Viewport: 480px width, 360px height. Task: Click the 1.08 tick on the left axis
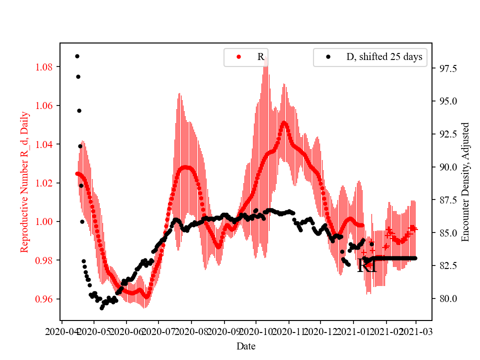pyautogui.click(x=46, y=67)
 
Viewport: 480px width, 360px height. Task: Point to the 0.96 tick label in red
pyautogui.click(x=46, y=299)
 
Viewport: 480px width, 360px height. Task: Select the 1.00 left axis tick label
pyautogui.click(x=46, y=221)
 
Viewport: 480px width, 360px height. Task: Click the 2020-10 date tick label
pyautogui.click(x=256, y=331)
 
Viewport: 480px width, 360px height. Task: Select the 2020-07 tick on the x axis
pyautogui.click(x=158, y=331)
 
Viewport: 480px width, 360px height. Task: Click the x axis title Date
pyautogui.click(x=246, y=345)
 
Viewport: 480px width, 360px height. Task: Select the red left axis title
pyautogui.click(x=24, y=182)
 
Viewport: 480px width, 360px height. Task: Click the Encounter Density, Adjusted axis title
pyautogui.click(x=465, y=182)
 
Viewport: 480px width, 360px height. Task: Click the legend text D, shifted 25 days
pyautogui.click(x=384, y=57)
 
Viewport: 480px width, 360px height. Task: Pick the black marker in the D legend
pyautogui.click(x=328, y=57)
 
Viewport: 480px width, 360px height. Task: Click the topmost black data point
pyautogui.click(x=77, y=56)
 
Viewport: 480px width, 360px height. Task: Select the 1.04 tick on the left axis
pyautogui.click(x=46, y=144)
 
